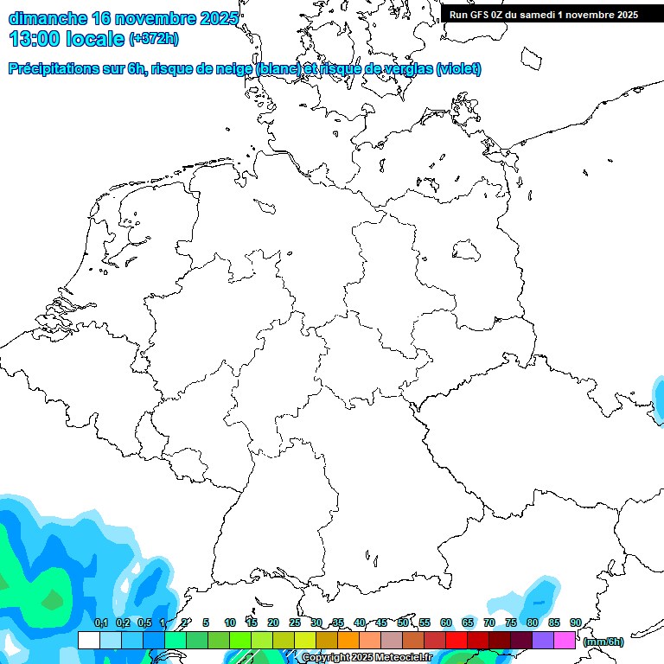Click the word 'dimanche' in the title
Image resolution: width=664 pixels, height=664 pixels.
click(x=48, y=18)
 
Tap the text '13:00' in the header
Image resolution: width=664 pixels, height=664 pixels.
click(x=35, y=39)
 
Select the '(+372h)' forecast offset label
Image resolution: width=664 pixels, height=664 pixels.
click(x=154, y=39)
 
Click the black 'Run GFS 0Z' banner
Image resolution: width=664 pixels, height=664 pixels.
click(x=543, y=14)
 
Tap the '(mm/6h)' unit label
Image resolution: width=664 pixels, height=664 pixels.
click(x=603, y=642)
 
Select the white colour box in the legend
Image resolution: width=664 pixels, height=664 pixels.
click(x=88, y=641)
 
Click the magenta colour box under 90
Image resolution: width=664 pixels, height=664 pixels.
click(x=565, y=641)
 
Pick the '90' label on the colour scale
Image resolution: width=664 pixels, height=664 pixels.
click(x=576, y=623)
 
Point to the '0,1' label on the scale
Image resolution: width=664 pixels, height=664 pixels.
click(x=101, y=623)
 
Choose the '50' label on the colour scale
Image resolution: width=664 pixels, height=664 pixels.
click(x=403, y=623)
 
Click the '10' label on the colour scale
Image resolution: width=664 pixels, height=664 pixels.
click(x=230, y=623)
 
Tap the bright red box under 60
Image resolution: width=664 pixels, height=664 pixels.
click(x=456, y=641)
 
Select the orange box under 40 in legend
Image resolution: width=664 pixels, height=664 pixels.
click(x=348, y=641)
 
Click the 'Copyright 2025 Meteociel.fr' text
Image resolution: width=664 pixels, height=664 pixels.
click(x=367, y=657)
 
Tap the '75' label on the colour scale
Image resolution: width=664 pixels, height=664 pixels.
click(x=511, y=623)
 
